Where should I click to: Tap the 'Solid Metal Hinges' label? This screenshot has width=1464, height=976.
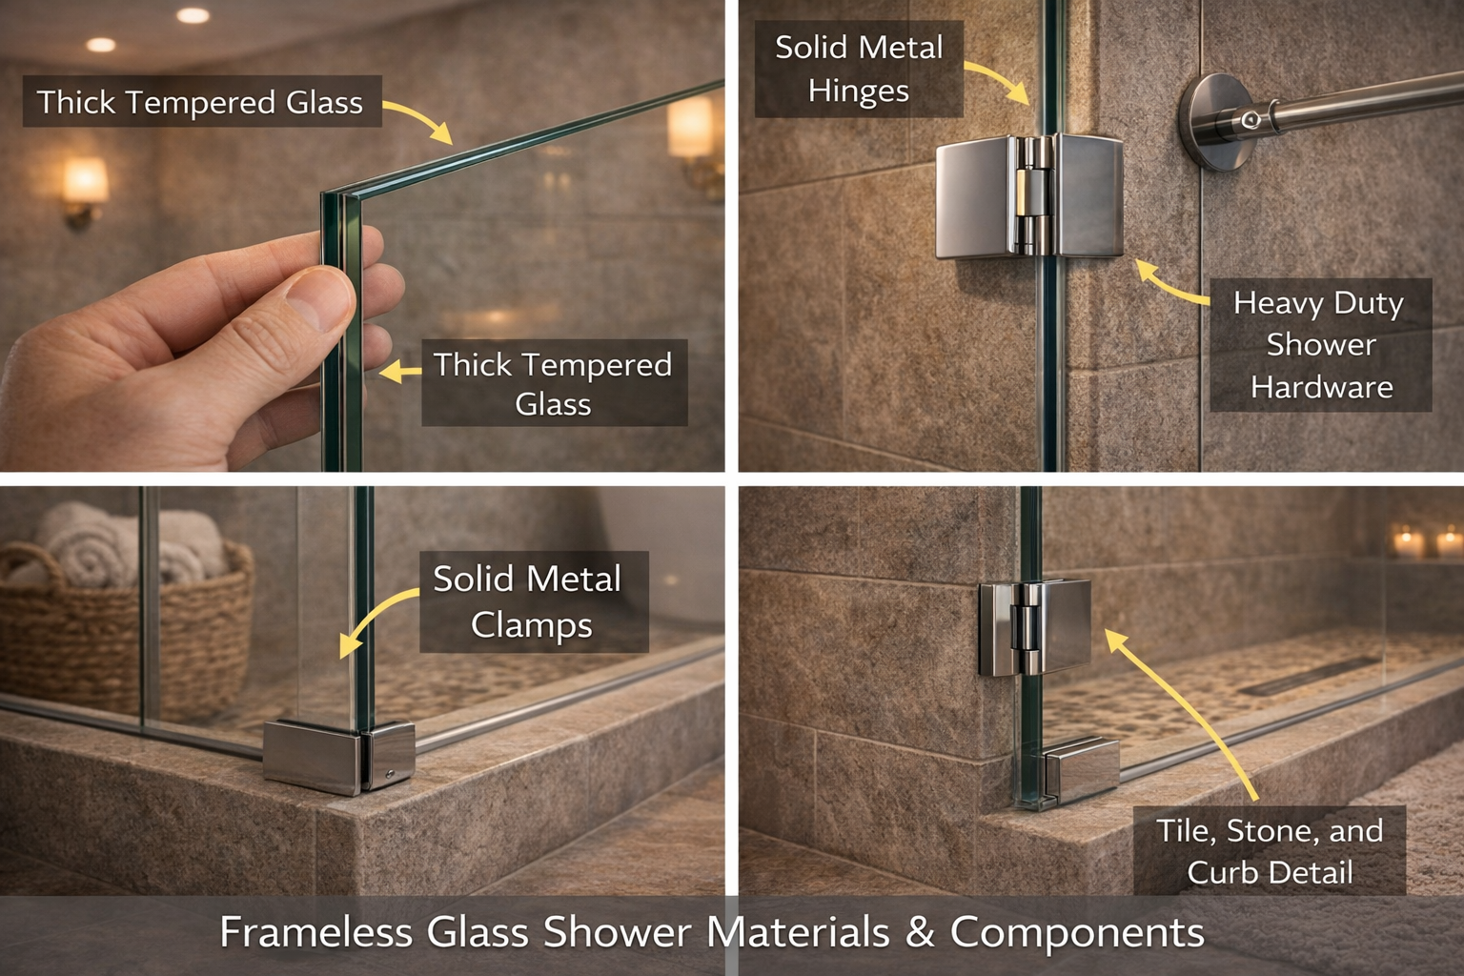tap(858, 70)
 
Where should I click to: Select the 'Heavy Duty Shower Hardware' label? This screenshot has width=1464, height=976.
tap(1321, 345)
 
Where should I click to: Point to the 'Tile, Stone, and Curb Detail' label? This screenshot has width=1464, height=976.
tap(1270, 851)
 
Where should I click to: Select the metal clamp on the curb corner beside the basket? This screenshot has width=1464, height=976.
tap(338, 757)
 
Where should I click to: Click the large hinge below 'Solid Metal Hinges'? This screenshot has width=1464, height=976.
tap(1029, 196)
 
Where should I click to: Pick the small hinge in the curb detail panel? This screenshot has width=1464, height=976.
tap(1035, 627)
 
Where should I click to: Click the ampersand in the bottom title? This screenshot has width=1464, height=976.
tap(919, 932)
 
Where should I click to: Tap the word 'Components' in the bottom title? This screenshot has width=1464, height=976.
tap(1077, 932)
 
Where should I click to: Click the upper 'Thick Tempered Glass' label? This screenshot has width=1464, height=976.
tap(200, 102)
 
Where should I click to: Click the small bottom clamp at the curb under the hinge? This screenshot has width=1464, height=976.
tap(1079, 768)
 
